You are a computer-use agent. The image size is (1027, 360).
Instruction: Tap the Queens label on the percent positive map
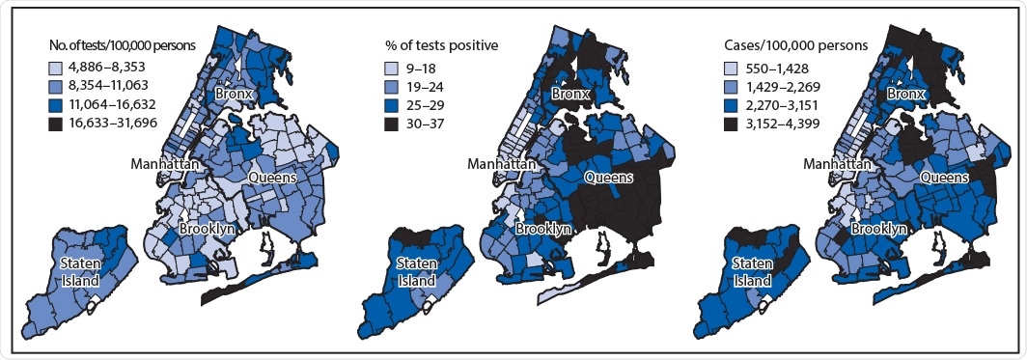click(x=608, y=178)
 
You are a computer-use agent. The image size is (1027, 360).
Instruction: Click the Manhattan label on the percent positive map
click(x=501, y=165)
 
